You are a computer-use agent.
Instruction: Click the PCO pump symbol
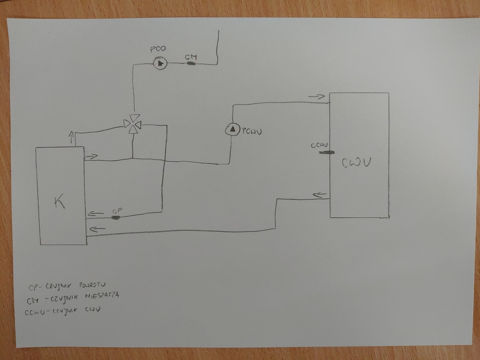160,63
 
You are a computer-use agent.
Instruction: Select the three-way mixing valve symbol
132,124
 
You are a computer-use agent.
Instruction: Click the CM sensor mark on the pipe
191,63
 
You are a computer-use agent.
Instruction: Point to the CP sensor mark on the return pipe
116,217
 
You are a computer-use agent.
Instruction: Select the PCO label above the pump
158,50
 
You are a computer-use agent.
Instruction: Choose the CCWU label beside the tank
319,145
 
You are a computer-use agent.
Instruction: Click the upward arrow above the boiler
72,138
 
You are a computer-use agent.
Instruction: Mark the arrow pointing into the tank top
316,96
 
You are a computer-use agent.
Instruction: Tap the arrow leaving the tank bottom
320,195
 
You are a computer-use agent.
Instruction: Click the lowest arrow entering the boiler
98,229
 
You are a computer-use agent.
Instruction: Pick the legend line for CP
67,286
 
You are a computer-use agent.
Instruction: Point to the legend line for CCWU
64,309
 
